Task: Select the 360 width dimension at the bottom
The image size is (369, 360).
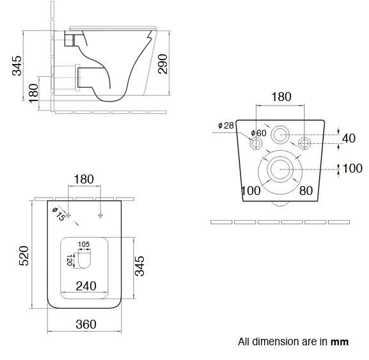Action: [x=86, y=324]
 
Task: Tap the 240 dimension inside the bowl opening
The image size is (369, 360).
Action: [x=86, y=286]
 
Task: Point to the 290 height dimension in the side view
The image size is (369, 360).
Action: [x=164, y=63]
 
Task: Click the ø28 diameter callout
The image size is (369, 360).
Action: [x=225, y=125]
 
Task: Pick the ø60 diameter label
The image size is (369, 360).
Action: [x=258, y=133]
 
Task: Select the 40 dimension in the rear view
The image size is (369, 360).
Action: [x=349, y=138]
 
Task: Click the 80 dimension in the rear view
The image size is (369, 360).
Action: [x=306, y=190]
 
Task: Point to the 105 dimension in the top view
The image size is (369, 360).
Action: [x=84, y=244]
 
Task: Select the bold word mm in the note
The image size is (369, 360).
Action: [x=340, y=341]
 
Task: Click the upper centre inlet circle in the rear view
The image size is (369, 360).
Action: [x=280, y=135]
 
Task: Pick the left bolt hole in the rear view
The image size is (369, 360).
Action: [x=256, y=143]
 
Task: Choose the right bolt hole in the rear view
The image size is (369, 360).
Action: [x=305, y=143]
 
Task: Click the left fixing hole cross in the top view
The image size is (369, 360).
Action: [x=69, y=215]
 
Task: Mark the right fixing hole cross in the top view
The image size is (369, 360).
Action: [x=100, y=215]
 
